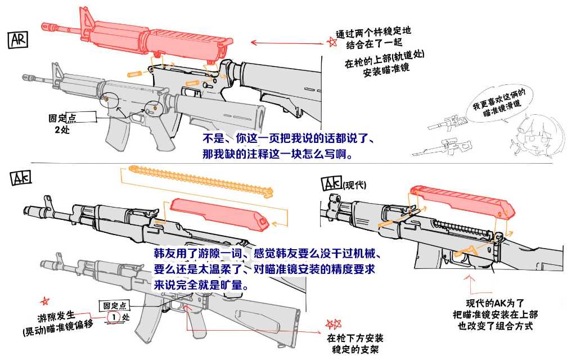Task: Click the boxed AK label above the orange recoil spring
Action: click(x=21, y=178)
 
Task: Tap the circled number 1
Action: click(x=115, y=317)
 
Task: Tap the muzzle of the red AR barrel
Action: click(x=45, y=25)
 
